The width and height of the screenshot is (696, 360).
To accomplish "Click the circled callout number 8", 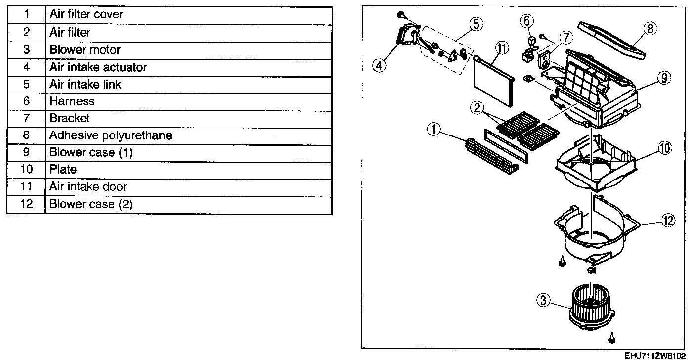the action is [650, 29].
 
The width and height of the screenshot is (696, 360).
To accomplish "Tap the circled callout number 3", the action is [543, 300].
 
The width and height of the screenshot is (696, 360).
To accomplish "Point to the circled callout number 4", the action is [379, 65].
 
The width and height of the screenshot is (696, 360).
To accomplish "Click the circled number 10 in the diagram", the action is [665, 148].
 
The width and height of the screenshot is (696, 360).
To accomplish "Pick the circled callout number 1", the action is [434, 130].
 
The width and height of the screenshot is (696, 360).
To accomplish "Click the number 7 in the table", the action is [26, 118].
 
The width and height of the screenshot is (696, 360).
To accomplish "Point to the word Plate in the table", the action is [63, 170].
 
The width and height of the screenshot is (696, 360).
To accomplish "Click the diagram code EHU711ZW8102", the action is [654, 356].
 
